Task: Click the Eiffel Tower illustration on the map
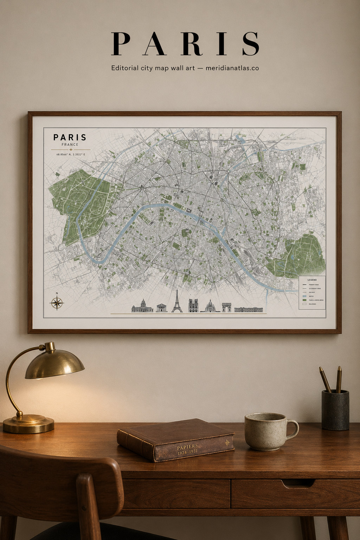coord(177,302)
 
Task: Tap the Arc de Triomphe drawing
coord(226,307)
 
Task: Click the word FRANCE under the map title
coord(70,144)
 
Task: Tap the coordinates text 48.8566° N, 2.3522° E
coord(71,154)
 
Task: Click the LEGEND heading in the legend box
coord(312,280)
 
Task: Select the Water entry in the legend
coord(311,296)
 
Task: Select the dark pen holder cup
coord(335,410)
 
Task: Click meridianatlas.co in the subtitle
coord(232,68)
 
